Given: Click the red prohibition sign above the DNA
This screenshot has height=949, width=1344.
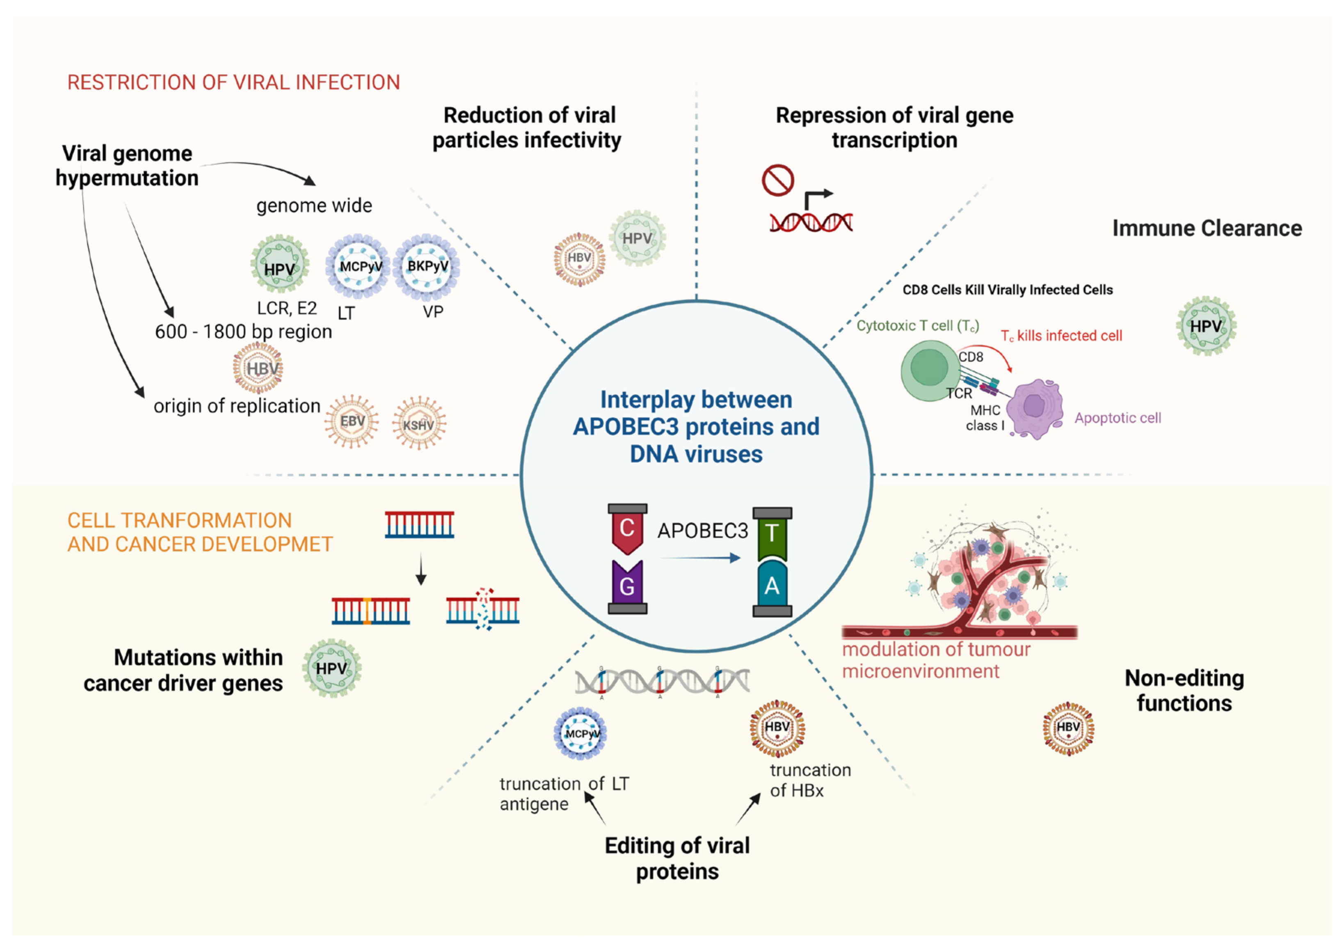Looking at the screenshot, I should click(x=777, y=180).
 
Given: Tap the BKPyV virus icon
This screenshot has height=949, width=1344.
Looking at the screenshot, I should click(x=427, y=267).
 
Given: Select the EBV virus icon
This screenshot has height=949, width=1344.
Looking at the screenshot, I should click(x=352, y=421).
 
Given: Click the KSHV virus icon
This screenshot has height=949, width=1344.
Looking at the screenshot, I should click(x=418, y=423).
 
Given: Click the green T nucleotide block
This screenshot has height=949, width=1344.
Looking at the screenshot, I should click(x=772, y=533).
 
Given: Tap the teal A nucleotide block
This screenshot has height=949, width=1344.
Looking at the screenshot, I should click(x=772, y=585).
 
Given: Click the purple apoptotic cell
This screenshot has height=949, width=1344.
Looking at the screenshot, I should click(x=1034, y=408).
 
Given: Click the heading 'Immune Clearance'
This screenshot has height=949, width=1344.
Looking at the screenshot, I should click(x=1207, y=228).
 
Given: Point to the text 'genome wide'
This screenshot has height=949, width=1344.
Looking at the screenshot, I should click(x=314, y=206).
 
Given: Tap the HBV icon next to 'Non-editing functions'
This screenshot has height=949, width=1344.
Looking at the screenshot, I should click(x=1068, y=728).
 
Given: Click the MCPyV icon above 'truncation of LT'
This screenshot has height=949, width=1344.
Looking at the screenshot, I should click(x=580, y=734).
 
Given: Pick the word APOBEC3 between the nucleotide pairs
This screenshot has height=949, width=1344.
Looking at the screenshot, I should click(x=702, y=531).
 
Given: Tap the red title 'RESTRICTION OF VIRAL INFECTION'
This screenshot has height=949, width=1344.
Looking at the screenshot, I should click(x=233, y=82).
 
